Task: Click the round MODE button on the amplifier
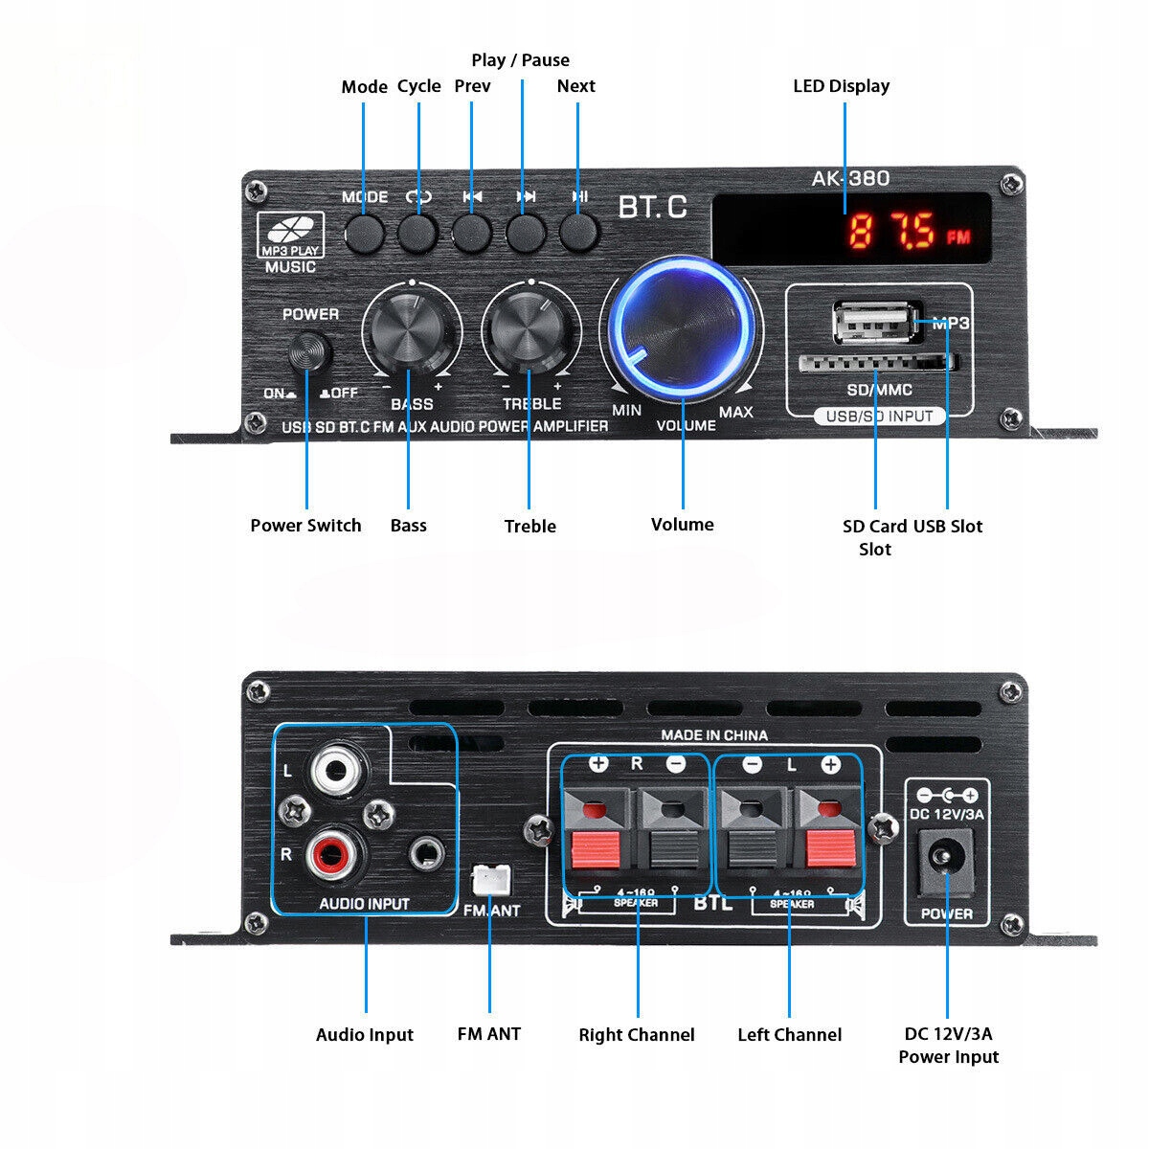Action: (x=364, y=233)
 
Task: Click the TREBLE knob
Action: (x=530, y=332)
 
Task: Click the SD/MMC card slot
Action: (x=877, y=363)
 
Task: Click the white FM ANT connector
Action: (x=491, y=879)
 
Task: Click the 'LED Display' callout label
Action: (x=841, y=86)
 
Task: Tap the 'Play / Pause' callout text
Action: (x=520, y=60)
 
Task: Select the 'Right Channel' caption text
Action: (x=637, y=1034)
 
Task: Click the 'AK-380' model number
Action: (x=850, y=178)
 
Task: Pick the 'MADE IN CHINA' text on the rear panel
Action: (x=714, y=735)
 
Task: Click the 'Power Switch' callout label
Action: (x=305, y=525)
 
